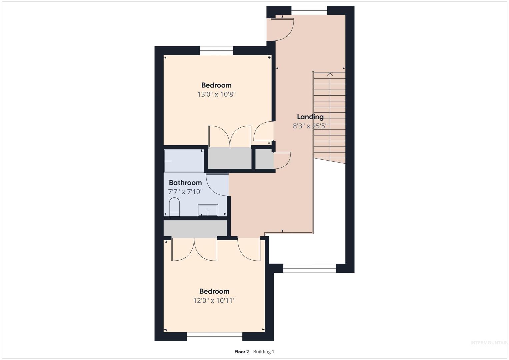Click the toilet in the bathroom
(174, 207)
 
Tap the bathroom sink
(208, 210)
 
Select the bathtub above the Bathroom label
(184, 161)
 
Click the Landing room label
(310, 117)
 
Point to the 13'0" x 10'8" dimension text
(216, 94)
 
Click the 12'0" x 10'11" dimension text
(214, 300)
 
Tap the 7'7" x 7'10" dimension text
(185, 192)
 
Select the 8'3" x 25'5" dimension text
(310, 126)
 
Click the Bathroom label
(185, 183)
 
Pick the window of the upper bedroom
(217, 50)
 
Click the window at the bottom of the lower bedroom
(215, 337)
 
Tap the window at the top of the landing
(309, 10)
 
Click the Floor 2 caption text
(242, 352)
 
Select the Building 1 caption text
(264, 352)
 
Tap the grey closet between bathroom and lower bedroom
(195, 228)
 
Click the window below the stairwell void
(309, 268)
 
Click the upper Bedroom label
(216, 85)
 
